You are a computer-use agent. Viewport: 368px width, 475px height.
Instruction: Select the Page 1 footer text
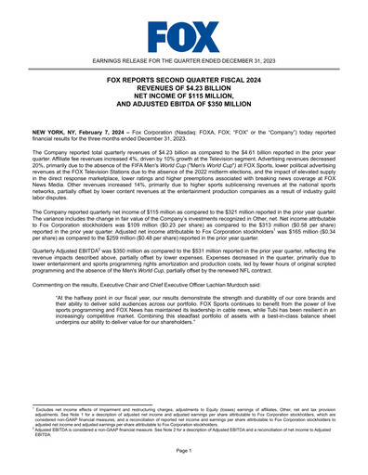coord(183,451)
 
